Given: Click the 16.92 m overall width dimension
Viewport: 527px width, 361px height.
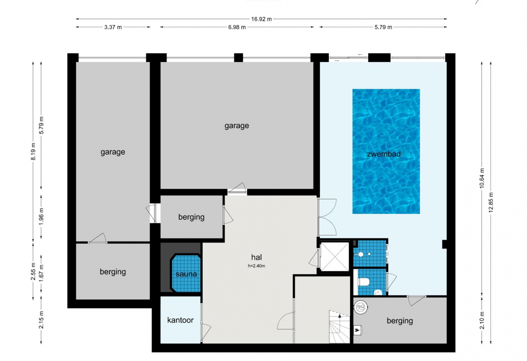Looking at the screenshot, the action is click(x=261, y=19).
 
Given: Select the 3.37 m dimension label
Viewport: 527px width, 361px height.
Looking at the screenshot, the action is click(x=113, y=27).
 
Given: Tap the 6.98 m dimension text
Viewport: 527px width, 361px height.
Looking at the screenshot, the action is click(x=237, y=27).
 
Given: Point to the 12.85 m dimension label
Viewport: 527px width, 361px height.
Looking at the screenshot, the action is click(x=491, y=202).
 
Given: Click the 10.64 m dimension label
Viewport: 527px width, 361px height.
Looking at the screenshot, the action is click(x=482, y=178).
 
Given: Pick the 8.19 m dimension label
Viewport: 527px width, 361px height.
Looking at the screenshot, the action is click(x=33, y=151).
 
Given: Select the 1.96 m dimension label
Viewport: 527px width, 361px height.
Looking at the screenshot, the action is click(x=41, y=216).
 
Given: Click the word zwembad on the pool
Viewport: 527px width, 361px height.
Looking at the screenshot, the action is click(x=384, y=154).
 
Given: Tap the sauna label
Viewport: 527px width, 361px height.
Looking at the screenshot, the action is click(x=186, y=274).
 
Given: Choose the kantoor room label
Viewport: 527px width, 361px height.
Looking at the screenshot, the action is click(x=180, y=320).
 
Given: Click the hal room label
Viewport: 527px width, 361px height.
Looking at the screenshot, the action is click(x=257, y=257).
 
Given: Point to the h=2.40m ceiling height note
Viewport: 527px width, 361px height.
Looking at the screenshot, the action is click(x=257, y=266).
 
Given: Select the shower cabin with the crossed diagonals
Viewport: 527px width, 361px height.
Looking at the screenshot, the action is click(x=334, y=257).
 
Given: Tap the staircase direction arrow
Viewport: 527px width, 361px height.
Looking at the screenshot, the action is click(x=340, y=323).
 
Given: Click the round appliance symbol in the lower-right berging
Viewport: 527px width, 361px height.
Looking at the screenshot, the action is click(x=361, y=307).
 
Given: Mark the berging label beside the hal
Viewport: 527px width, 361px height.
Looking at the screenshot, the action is click(x=191, y=217).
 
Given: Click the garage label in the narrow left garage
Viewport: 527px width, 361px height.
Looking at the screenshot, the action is click(x=113, y=152).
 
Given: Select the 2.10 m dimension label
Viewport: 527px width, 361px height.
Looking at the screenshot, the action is click(x=482, y=320).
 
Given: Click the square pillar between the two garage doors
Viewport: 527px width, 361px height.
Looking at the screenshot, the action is click(x=238, y=58).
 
